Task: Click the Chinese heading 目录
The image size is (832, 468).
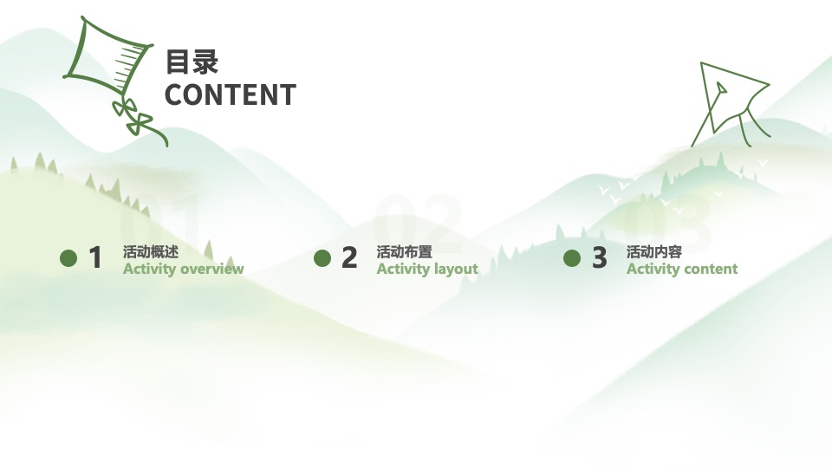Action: point(192,62)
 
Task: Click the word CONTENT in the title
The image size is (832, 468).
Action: point(230,94)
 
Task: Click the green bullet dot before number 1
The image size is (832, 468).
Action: point(68,258)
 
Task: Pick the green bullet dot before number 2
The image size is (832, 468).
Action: point(322,258)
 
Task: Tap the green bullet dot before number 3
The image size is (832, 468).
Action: point(572,258)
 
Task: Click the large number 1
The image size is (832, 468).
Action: point(95,258)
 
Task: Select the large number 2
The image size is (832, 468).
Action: point(349,258)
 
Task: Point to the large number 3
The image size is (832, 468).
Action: point(600,258)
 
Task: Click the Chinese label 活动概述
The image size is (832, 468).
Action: point(151,252)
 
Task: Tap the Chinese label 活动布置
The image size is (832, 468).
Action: point(404,252)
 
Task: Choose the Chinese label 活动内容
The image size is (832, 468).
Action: point(654,252)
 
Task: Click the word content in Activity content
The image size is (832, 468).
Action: point(709,269)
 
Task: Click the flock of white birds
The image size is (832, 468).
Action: point(624,191)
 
